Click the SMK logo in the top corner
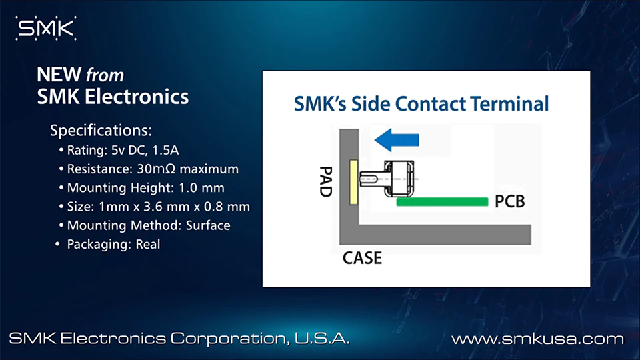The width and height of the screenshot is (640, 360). (46, 28)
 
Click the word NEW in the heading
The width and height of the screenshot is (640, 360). (59, 75)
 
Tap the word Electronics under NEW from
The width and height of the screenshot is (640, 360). (137, 97)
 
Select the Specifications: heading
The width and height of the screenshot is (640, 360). (101, 131)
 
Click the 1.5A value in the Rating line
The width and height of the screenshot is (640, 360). (165, 150)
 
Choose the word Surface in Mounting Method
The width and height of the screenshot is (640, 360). (208, 225)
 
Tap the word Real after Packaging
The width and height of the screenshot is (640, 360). (148, 244)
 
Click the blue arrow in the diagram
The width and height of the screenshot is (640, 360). (397, 140)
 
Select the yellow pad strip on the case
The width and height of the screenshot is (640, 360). (353, 182)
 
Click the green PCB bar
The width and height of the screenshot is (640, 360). (443, 201)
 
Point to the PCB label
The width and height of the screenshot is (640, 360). (510, 201)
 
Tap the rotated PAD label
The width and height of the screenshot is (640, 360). (326, 181)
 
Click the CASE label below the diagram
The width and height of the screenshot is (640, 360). (363, 258)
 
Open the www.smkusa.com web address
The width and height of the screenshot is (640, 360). (537, 339)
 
